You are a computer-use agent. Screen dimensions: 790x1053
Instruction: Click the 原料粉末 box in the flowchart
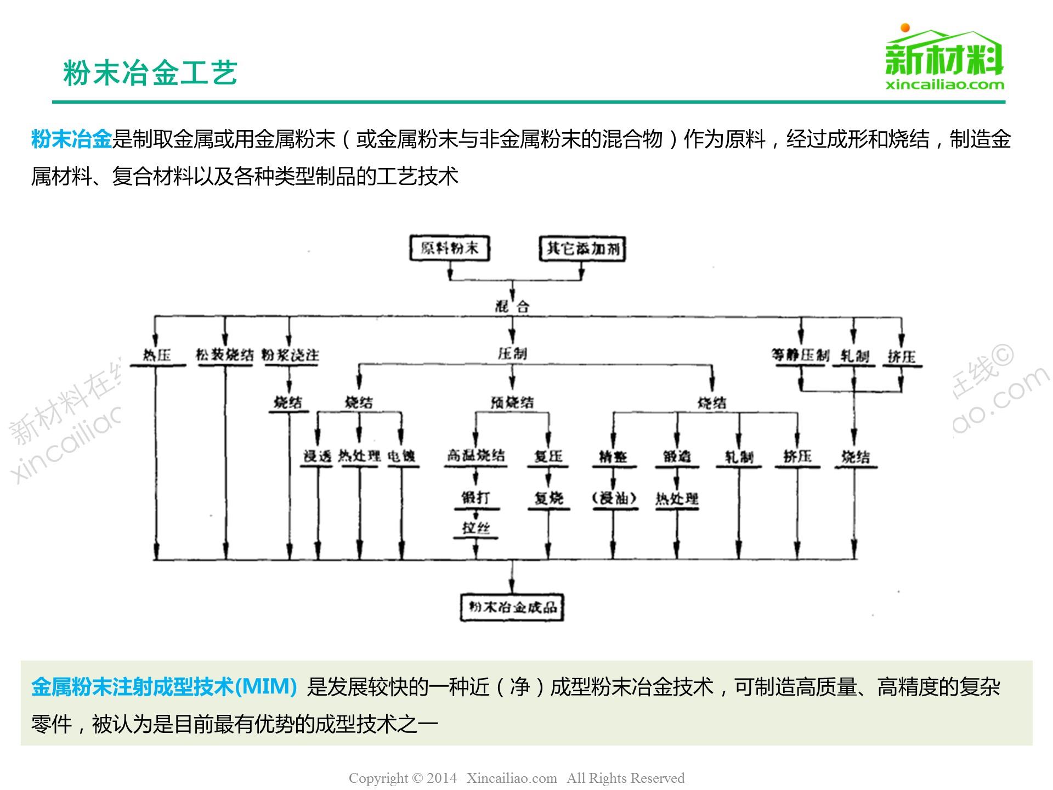[450, 249]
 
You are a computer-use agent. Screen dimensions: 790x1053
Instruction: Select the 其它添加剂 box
[582, 249]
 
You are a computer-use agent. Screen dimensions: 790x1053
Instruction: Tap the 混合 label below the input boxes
[512, 306]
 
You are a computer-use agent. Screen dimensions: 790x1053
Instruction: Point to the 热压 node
[157, 355]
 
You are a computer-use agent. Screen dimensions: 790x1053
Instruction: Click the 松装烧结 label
[225, 355]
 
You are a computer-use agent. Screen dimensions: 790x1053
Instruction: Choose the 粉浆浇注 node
[290, 355]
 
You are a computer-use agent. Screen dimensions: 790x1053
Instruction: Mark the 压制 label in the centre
[512, 354]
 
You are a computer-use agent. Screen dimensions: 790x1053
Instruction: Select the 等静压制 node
[800, 355]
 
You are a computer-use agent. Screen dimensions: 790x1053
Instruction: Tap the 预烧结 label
[512, 403]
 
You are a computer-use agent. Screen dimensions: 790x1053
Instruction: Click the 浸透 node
[318, 456]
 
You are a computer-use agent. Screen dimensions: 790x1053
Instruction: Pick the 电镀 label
[401, 456]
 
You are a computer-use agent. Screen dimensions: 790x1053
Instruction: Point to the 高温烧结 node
[475, 455]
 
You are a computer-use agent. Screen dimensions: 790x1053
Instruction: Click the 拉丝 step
[475, 528]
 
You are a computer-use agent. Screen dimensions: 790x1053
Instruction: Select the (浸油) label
[614, 498]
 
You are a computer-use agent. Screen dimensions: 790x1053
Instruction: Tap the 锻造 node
[677, 456]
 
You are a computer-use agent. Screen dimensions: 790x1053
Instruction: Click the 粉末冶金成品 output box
[512, 607]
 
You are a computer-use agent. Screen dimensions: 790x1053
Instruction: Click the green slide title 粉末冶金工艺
[150, 73]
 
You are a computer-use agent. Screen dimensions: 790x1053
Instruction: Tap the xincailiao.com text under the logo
[945, 85]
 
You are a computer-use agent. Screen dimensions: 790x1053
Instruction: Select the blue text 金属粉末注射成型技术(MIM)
[164, 687]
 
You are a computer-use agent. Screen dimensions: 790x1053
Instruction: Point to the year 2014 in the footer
[441, 778]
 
